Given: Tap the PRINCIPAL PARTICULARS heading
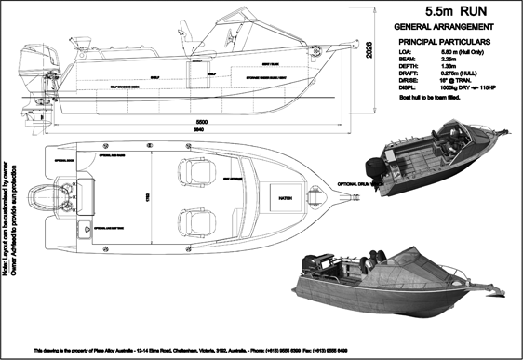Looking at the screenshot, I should click(x=446, y=43).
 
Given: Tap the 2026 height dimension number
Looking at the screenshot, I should click(x=369, y=50).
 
